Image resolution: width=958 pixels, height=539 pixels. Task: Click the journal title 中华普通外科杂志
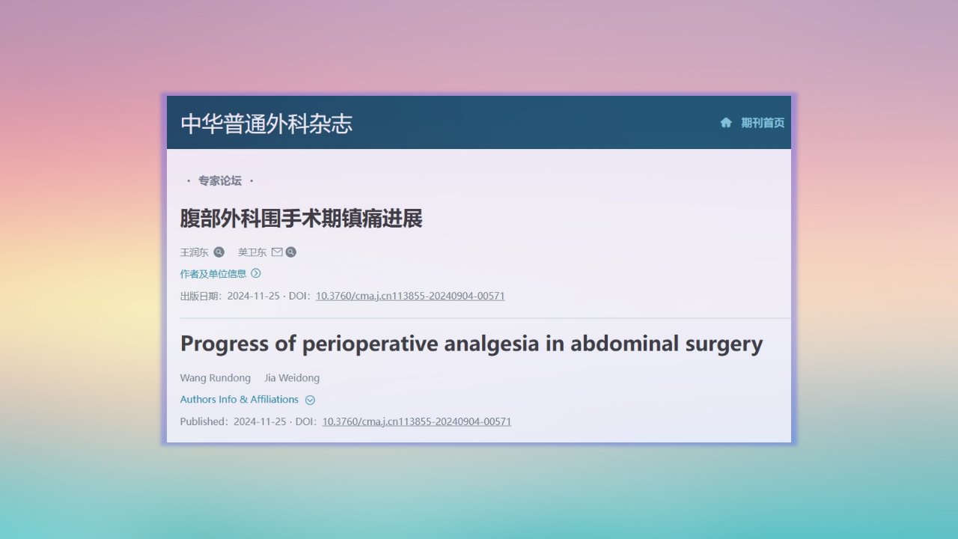point(266,124)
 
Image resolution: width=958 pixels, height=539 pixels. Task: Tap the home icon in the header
point(726,123)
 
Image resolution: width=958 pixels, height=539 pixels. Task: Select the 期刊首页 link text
point(763,123)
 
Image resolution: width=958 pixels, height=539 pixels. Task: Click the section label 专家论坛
point(220,180)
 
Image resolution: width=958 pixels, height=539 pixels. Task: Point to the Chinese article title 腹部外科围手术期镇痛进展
point(301,218)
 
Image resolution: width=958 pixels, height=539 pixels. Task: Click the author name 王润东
point(194,252)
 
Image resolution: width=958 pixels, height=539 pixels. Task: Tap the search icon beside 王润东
point(219,252)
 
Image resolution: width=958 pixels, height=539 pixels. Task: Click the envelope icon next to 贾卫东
point(277,252)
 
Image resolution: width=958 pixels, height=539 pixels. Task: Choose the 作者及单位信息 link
point(213,274)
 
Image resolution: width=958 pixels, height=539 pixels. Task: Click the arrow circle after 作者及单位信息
point(256,273)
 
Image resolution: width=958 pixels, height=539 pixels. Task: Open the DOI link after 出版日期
point(410,296)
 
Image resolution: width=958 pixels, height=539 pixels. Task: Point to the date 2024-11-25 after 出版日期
point(253,296)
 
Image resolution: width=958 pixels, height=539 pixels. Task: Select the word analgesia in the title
point(492,344)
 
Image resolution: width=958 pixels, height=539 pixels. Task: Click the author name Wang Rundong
point(215,378)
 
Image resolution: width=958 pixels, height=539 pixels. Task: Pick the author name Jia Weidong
point(292,378)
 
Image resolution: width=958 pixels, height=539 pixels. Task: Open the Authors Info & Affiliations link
point(239,400)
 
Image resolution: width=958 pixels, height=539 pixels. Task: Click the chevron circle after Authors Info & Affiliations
point(310,400)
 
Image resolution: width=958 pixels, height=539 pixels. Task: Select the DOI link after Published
point(417,421)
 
